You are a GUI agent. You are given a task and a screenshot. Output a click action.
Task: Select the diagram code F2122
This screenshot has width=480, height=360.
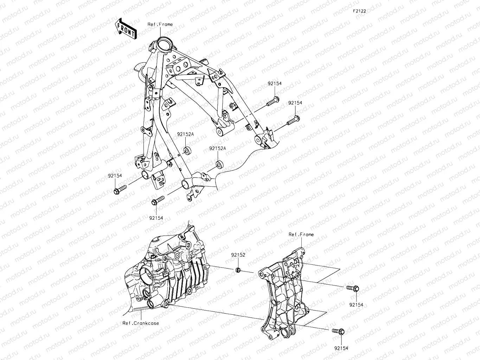coord(359,11)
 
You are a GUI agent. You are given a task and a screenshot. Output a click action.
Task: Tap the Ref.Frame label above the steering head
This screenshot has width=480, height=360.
coord(160,24)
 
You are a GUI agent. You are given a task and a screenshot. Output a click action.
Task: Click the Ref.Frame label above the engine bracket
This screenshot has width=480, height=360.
coord(301,234)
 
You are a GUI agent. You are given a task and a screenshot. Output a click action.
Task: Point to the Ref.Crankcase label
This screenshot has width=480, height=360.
coord(141,323)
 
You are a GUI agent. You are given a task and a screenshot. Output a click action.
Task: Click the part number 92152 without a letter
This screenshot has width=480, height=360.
coord(238,255)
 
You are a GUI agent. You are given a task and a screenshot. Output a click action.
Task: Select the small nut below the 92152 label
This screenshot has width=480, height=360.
coord(238,270)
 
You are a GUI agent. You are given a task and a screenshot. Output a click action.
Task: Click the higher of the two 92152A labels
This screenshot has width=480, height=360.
coord(185,134)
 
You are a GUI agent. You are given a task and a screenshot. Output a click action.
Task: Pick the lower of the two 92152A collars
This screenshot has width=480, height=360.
coord(220,164)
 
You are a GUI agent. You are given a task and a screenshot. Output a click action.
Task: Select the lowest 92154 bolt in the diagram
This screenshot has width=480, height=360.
coord(338,331)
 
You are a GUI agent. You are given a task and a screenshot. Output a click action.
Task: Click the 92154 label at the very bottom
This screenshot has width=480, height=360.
coord(341,348)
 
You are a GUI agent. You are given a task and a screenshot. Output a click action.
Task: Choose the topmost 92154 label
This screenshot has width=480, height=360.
coord(275,84)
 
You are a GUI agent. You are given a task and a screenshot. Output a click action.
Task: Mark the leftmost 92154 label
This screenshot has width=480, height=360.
coord(115,175)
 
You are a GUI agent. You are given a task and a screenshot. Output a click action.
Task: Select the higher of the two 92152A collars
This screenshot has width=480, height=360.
coord(188,150)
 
